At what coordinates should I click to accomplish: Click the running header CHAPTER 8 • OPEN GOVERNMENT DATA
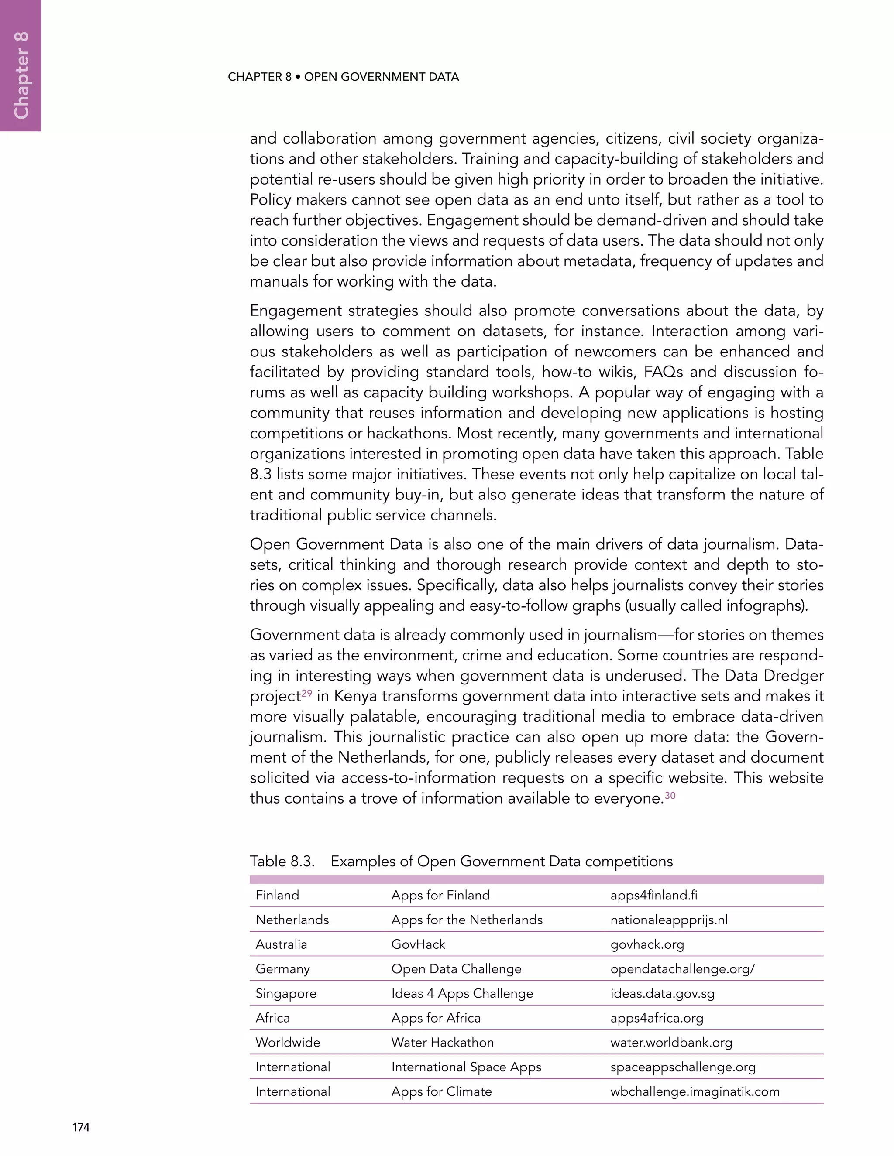[x=343, y=77]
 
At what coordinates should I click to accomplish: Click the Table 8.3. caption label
[x=282, y=861]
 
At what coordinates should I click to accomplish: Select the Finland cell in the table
[x=277, y=895]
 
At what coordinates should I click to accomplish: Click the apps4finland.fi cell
[x=653, y=895]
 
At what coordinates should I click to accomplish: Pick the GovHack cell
[x=418, y=944]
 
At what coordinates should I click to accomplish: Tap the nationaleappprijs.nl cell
[x=669, y=920]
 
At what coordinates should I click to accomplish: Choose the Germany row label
[x=282, y=968]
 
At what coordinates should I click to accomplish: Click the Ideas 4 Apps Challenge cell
[x=462, y=993]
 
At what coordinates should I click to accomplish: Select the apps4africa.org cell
[x=657, y=1018]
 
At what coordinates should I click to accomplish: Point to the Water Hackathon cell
[x=442, y=1042]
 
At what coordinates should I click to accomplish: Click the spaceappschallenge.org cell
[x=683, y=1067]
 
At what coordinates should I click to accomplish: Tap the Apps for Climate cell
[x=441, y=1091]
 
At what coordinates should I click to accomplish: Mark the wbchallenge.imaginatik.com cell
[x=695, y=1091]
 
